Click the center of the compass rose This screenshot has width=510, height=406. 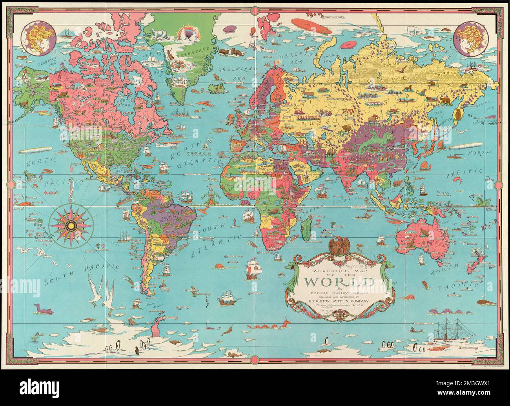[x=71, y=225]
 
